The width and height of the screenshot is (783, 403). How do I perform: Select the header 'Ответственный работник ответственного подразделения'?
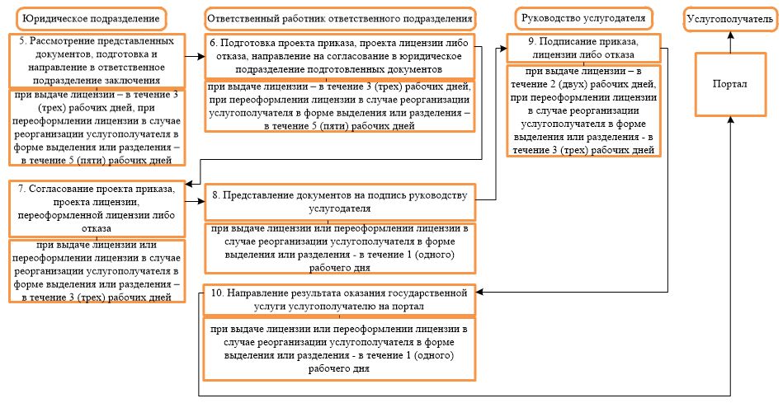340,18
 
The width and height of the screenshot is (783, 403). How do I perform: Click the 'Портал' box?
729,84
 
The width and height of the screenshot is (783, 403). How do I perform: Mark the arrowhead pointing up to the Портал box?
730,120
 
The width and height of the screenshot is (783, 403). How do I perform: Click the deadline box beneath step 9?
583,111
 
